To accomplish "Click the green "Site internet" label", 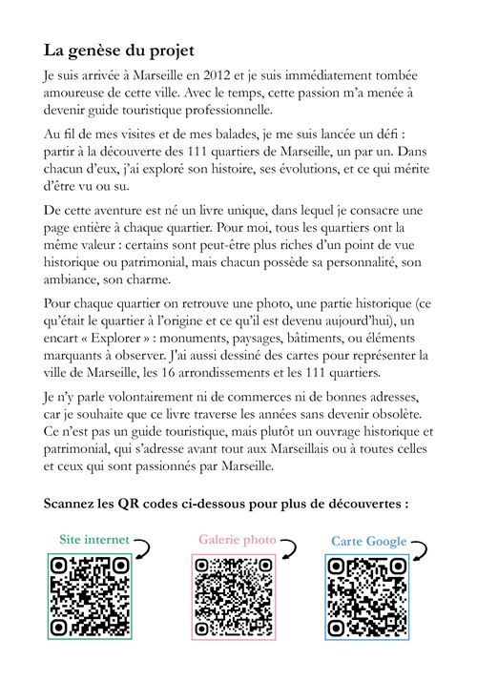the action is (x=93, y=539).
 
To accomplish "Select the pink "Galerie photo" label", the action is (x=237, y=540).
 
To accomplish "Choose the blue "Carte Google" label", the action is (x=369, y=542).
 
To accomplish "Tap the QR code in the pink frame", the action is (x=235, y=598).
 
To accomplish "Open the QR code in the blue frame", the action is (x=367, y=598).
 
